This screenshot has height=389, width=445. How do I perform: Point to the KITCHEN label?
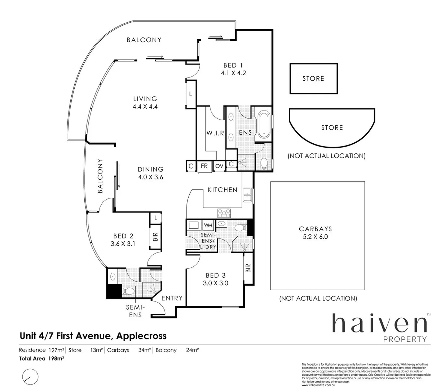[x=222, y=190]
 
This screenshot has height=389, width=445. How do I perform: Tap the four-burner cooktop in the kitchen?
[x=224, y=213]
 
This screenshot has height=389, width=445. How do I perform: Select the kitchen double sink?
[x=247, y=195]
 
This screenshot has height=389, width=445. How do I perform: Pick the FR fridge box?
[x=204, y=166]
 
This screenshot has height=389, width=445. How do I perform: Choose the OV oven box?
[x=219, y=166]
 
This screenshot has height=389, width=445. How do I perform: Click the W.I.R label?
[x=215, y=133]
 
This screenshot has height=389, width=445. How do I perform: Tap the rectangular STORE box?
[x=313, y=79]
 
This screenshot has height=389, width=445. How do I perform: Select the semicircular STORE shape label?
[x=332, y=128]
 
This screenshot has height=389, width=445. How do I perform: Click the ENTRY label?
[x=172, y=298]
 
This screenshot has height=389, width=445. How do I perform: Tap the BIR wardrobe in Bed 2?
[x=155, y=237]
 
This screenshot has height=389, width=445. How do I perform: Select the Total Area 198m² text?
[x=41, y=358]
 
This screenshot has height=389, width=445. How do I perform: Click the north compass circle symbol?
[x=30, y=377]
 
